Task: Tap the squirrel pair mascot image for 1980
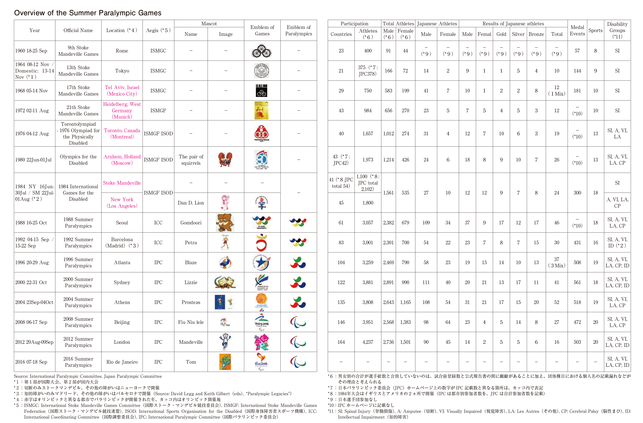(x=225, y=160)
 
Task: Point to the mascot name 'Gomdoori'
(x=191, y=223)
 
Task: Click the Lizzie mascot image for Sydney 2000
(x=225, y=282)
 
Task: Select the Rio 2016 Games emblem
(x=262, y=362)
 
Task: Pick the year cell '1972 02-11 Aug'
(x=32, y=110)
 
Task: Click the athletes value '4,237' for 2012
(x=368, y=342)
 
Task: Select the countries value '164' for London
(x=341, y=342)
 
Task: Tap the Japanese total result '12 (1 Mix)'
(x=557, y=90)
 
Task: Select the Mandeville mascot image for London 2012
(x=225, y=342)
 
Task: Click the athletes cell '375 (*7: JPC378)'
(x=368, y=71)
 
